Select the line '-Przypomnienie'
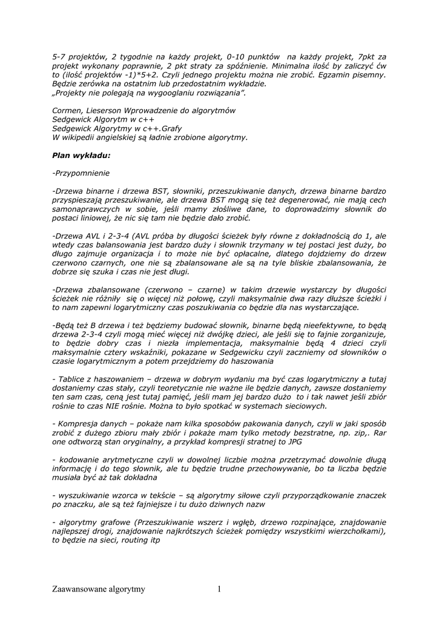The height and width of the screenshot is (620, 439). pos(81,173)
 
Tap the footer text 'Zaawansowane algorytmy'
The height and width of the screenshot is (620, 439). pos(99,589)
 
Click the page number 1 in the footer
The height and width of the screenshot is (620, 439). pos(219,589)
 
